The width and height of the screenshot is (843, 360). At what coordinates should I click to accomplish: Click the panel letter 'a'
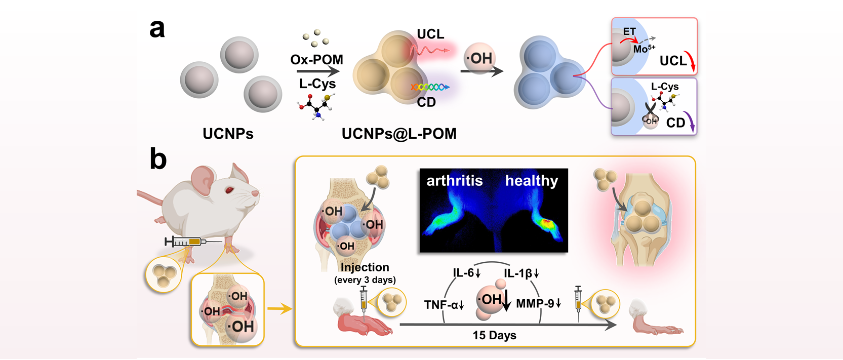[157, 29]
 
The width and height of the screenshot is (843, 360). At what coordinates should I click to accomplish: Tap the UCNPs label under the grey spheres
[228, 134]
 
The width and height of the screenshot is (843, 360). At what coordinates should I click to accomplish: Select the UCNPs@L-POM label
[399, 134]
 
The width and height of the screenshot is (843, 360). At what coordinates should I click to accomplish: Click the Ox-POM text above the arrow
[316, 60]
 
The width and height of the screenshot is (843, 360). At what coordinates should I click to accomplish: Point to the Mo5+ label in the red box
[644, 49]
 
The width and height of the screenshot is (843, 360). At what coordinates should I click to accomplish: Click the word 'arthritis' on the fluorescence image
[454, 181]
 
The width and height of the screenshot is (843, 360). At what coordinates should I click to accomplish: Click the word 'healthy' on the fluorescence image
[531, 181]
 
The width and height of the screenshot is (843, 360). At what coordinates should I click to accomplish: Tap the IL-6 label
[466, 273]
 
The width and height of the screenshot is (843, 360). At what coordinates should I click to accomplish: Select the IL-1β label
[521, 273]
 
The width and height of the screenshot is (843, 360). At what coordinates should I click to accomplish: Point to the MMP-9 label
[538, 304]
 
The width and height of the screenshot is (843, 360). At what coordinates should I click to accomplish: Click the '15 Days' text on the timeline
[494, 335]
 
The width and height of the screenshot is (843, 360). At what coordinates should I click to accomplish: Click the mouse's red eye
[229, 190]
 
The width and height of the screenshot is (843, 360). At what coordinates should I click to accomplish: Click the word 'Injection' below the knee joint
[365, 267]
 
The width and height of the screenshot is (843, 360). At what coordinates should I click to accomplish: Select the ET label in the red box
[629, 31]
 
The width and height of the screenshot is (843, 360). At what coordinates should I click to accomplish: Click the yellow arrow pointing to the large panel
[279, 308]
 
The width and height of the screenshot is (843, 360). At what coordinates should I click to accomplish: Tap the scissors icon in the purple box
[650, 111]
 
